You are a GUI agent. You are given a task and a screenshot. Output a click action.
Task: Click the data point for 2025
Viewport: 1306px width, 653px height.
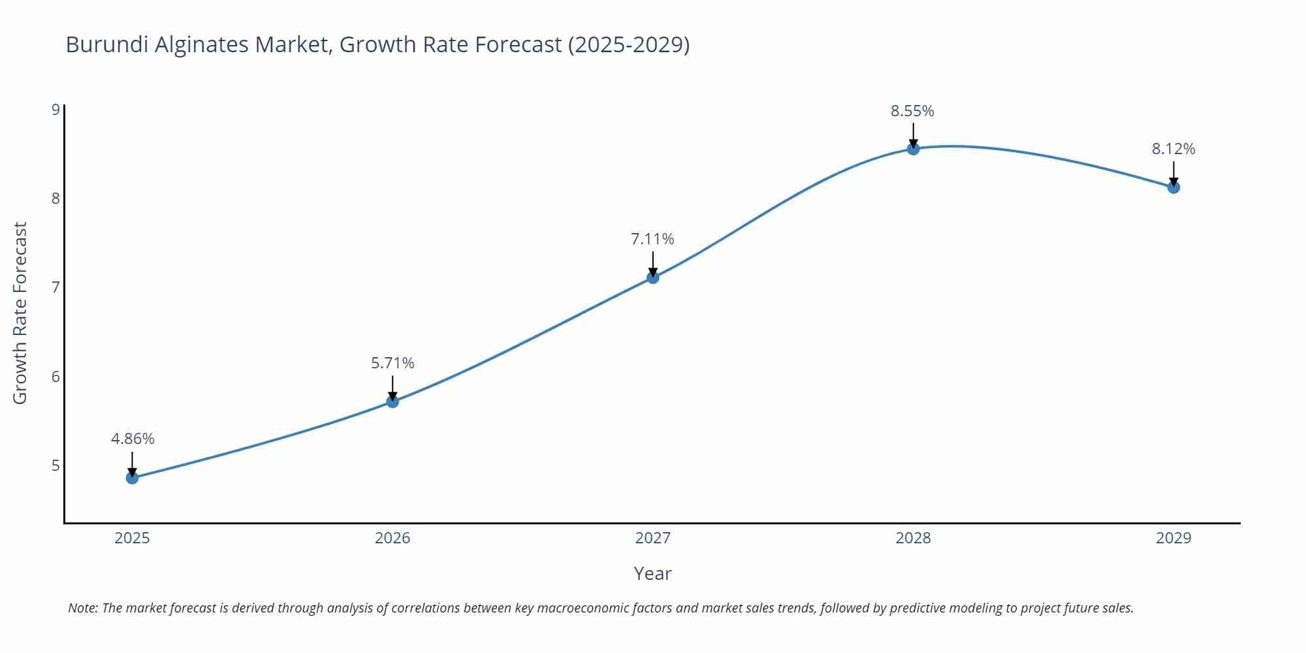pyautogui.click(x=132, y=477)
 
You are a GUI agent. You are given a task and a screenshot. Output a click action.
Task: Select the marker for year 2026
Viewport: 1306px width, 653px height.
pyautogui.click(x=392, y=402)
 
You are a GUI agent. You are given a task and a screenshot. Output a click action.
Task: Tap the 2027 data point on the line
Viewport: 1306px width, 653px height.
pyautogui.click(x=653, y=278)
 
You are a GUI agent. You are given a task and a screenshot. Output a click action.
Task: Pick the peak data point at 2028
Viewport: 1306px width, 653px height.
pyautogui.click(x=913, y=149)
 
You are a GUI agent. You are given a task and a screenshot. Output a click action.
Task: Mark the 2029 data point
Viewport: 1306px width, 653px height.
pyautogui.click(x=1173, y=187)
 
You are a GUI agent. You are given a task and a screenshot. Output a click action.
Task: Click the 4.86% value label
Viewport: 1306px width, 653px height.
pyautogui.click(x=133, y=439)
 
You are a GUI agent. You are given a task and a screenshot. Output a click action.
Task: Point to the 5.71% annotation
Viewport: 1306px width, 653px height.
pyautogui.click(x=392, y=363)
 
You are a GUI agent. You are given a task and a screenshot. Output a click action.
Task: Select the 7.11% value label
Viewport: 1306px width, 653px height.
pyautogui.click(x=652, y=239)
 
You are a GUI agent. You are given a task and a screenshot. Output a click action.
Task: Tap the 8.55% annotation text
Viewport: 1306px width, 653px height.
pyautogui.click(x=912, y=111)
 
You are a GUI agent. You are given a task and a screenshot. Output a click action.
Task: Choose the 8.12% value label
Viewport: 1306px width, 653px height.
pyautogui.click(x=1173, y=149)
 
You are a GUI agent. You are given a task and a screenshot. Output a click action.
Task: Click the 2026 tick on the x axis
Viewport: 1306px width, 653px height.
pyautogui.click(x=392, y=538)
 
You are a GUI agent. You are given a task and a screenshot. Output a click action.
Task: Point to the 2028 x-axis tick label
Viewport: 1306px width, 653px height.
pyautogui.click(x=913, y=538)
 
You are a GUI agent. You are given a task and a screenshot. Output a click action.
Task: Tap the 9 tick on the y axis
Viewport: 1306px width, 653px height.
pyautogui.click(x=56, y=109)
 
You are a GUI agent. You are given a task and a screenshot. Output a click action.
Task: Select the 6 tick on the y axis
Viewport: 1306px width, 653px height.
pyautogui.click(x=56, y=377)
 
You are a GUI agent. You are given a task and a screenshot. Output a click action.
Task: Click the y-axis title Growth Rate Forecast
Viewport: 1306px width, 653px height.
pyautogui.click(x=20, y=313)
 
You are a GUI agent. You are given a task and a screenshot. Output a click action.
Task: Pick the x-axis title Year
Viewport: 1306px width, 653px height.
pyautogui.click(x=652, y=573)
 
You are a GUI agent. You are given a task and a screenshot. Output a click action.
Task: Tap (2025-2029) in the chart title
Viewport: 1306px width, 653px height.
pyautogui.click(x=628, y=44)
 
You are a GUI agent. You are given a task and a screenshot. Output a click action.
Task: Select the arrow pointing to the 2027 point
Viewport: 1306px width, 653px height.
pyautogui.click(x=653, y=263)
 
